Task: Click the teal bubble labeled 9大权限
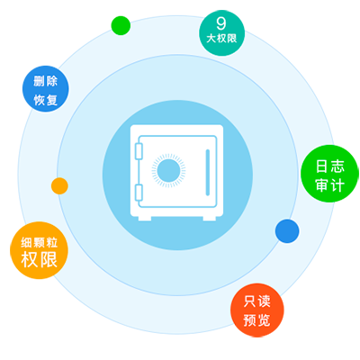[222, 33]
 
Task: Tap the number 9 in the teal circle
[221, 23]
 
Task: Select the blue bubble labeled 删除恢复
[46, 89]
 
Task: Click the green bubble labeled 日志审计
[329, 174]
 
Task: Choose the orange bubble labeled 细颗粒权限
[39, 250]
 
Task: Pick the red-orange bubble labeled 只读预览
[257, 310]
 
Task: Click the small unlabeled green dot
[121, 25]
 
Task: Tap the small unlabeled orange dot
[59, 186]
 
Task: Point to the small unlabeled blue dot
[287, 231]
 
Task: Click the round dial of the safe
[168, 171]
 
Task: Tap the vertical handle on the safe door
[208, 173]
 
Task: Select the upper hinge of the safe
[139, 151]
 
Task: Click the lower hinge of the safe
[139, 193]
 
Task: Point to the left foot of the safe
[145, 219]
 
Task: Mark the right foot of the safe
[210, 219]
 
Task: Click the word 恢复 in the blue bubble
[46, 100]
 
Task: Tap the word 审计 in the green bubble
[329, 185]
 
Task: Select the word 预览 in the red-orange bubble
[257, 320]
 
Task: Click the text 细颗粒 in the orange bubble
[39, 242]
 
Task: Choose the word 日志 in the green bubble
[329, 166]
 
